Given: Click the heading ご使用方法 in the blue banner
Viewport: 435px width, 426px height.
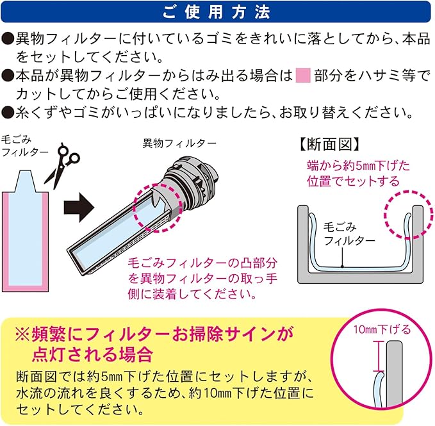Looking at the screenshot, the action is (x=217, y=12).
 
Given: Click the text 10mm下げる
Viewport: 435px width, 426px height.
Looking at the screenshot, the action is (x=382, y=330).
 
